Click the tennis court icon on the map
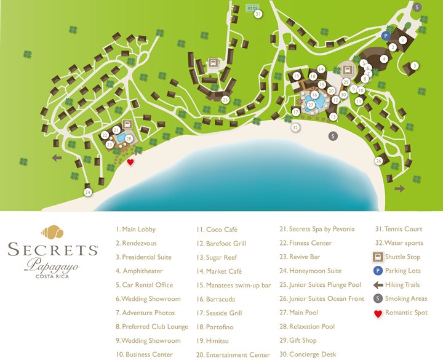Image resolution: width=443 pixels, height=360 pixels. tap(251, 8)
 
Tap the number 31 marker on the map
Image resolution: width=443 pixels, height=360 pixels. tap(258, 14)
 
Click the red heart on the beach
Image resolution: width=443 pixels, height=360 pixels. tap(130, 162)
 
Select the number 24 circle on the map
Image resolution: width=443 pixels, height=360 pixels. tap(88, 193)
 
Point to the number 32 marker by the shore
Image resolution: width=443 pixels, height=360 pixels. tap(296, 127)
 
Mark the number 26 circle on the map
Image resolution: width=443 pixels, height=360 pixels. tap(378, 161)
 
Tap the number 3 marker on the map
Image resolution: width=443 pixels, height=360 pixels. tap(415, 66)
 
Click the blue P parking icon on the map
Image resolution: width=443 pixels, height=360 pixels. tap(386, 36)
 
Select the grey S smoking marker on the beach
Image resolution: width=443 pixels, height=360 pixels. tap(333, 136)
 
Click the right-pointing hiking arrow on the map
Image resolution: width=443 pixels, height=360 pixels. tap(399, 189)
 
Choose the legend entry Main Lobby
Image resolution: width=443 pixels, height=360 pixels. tap(135, 230)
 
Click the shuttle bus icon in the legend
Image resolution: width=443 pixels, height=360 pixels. tap(378, 257)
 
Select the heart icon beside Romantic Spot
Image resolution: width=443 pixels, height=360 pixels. tap(378, 313)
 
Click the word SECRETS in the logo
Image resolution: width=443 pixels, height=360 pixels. tap(53, 250)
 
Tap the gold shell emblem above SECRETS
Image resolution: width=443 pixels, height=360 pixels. tap(52, 233)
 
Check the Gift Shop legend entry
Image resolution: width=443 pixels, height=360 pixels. tap(298, 340)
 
